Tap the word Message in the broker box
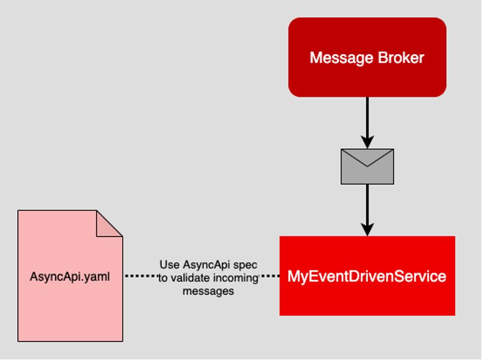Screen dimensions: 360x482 point(335,58)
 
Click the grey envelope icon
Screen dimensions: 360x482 point(367,167)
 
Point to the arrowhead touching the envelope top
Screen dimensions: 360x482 point(367,143)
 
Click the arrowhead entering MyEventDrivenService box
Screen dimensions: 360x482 point(367,230)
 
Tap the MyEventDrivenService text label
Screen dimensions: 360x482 point(367,276)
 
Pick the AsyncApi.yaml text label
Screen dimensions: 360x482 point(70,276)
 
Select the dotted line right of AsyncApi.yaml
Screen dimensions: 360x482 point(141,276)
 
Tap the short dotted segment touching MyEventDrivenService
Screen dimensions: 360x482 point(269,276)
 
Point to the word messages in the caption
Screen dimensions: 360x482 point(208,291)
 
